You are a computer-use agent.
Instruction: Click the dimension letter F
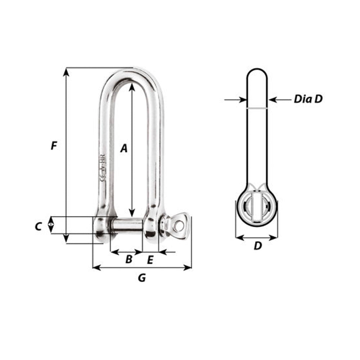coord(54,146)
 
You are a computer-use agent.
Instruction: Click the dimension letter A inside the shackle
coord(124,148)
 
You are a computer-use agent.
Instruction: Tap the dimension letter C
coord(39,226)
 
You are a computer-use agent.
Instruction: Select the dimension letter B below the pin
coord(129,259)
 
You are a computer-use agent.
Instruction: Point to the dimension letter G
coord(142,278)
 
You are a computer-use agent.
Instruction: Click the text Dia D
coord(308,99)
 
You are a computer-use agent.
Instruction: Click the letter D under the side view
coord(257,246)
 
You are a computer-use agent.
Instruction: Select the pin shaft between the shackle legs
coord(128,225)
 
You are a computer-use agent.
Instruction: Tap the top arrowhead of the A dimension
coord(132,86)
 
